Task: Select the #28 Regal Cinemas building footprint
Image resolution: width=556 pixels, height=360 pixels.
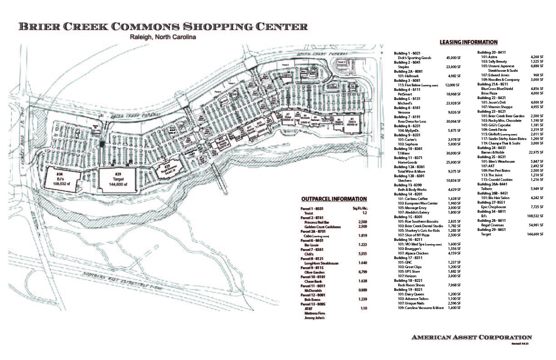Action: tap(167, 170)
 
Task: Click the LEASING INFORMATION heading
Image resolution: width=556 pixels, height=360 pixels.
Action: tap(468, 42)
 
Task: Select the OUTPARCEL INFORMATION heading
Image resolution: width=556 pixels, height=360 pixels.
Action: tap(334, 199)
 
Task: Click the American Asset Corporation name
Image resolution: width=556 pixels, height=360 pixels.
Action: tap(472, 337)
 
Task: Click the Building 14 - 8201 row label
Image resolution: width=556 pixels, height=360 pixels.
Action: tap(411, 194)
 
